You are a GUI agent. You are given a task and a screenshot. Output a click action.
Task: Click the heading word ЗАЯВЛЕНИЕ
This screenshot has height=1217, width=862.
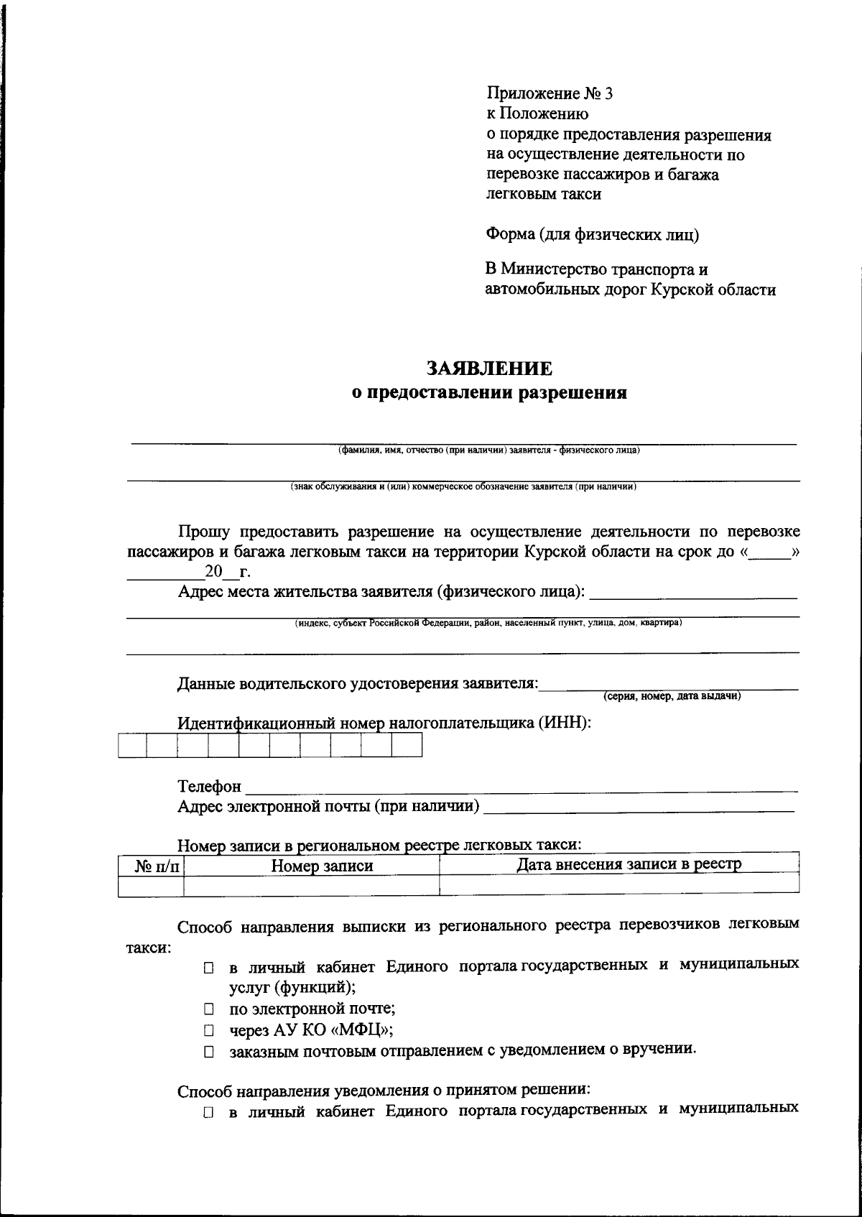tap(489, 369)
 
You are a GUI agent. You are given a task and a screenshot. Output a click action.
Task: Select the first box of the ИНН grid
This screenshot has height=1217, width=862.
tap(131, 746)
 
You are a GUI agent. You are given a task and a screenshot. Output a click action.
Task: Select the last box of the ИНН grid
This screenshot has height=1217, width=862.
tap(407, 746)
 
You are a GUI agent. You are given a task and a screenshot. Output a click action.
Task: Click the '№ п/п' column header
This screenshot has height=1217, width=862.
tap(157, 866)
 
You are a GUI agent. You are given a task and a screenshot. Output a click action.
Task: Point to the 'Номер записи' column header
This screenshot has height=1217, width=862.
tap(322, 866)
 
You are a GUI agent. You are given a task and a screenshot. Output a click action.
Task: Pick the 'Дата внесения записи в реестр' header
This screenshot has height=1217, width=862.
tap(629, 864)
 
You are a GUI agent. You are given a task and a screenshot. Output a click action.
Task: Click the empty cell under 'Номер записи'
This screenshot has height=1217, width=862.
tap(311, 886)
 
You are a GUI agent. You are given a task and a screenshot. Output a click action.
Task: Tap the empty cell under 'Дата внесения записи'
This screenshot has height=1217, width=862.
tap(618, 884)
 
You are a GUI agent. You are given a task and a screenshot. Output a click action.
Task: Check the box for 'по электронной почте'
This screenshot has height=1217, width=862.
tap(208, 1009)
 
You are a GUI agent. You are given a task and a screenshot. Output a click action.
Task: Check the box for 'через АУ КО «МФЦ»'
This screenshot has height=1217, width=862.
tap(208, 1030)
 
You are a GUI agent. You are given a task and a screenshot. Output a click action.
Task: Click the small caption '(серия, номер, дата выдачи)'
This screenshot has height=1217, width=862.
tap(672, 696)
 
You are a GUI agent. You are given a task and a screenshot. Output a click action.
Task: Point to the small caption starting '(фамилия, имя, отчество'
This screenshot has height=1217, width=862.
tap(488, 451)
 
